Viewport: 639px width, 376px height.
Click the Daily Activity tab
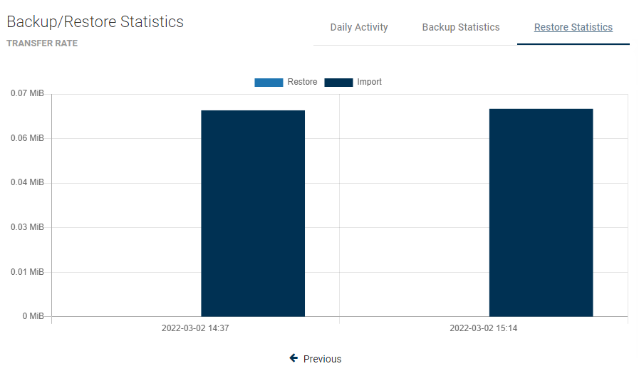[x=359, y=27]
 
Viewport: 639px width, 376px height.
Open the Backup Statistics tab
[x=461, y=27]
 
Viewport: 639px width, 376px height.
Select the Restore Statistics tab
[x=573, y=27]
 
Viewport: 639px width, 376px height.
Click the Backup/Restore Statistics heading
[x=95, y=21]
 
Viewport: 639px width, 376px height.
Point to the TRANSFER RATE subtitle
[x=42, y=43]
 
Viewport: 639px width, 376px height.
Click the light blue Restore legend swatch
[x=269, y=83]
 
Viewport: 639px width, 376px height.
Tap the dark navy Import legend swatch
[x=338, y=83]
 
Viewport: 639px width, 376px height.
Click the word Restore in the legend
[x=302, y=82]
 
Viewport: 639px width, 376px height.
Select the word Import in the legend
[x=369, y=82]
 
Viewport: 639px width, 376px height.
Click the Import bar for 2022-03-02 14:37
[x=253, y=213]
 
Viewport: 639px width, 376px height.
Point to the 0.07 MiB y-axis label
[x=28, y=93]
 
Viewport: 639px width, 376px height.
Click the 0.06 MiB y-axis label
[x=28, y=138]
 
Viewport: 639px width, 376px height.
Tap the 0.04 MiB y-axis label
[x=28, y=182]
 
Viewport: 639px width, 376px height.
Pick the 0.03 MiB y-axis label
[x=28, y=227]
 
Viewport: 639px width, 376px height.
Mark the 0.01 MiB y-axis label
[x=28, y=271]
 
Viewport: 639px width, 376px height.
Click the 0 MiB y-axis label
[x=32, y=316]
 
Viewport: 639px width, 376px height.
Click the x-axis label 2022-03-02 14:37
[x=195, y=329]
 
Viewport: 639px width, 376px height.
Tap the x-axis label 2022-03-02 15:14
[x=483, y=329]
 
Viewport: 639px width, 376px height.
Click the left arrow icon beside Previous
[x=293, y=358]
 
